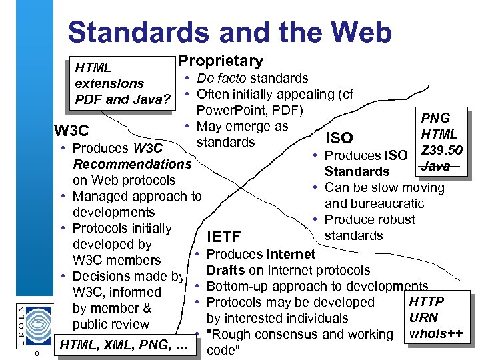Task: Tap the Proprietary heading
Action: point(220,61)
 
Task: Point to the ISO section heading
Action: point(338,138)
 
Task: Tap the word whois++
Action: point(437,333)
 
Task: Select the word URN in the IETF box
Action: point(424,317)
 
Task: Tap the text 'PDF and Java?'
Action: point(123,100)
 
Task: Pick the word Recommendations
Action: point(132,164)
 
